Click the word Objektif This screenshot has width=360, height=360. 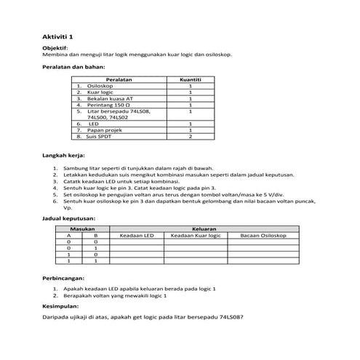(x=56, y=47)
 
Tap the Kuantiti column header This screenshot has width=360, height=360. (x=190, y=79)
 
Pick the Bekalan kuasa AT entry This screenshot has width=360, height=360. (x=110, y=98)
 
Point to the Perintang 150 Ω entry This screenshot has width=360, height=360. (x=106, y=105)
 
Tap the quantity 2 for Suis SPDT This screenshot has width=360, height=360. (x=190, y=137)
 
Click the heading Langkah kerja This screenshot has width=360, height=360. (x=64, y=156)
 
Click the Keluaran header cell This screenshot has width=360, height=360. (x=204, y=229)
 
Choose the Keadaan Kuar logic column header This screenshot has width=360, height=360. (x=195, y=236)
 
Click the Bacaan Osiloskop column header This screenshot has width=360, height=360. (x=263, y=236)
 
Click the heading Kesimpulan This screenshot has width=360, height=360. (x=61, y=306)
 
